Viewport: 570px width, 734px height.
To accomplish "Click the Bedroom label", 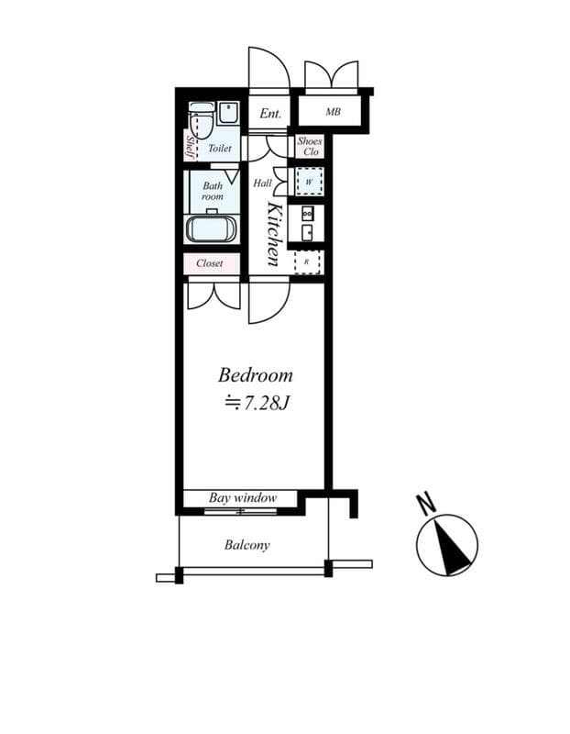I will (255, 375).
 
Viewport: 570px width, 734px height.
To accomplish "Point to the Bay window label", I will (242, 498).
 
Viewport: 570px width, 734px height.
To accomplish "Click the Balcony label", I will (247, 545).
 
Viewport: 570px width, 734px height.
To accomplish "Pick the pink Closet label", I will (210, 263).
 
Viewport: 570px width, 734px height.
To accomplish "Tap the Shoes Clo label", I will (308, 147).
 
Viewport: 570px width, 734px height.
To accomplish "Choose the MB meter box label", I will (333, 113).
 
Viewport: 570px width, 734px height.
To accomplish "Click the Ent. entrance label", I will (269, 114).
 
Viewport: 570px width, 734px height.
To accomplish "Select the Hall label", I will (261, 183).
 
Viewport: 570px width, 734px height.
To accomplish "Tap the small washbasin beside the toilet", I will (229, 114).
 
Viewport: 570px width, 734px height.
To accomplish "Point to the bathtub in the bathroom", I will (212, 228).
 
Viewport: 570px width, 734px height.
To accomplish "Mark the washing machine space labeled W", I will (308, 181).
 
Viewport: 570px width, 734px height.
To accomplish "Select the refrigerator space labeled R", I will (307, 262).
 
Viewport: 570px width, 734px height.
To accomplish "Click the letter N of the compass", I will (424, 504).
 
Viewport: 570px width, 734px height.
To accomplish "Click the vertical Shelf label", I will (191, 147).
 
